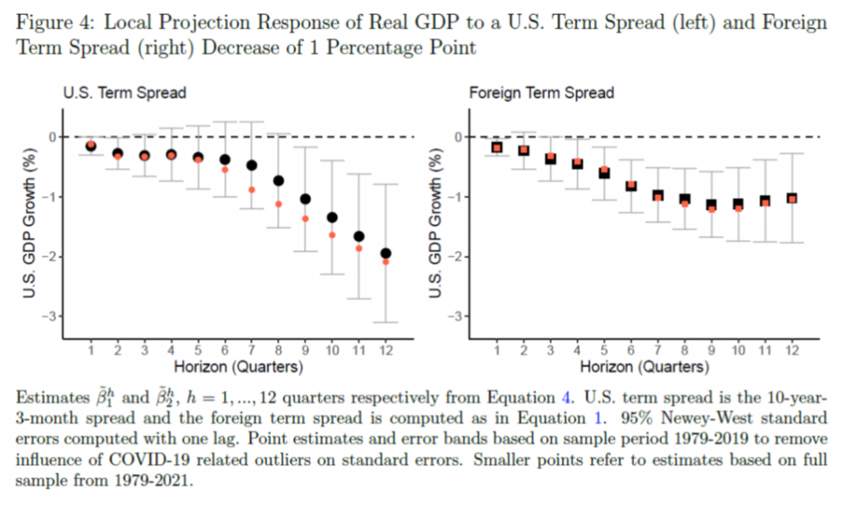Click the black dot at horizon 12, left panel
pos(385,253)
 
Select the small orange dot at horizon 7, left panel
pos(251,190)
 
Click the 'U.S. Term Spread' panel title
pos(125,93)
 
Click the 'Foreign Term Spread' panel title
pos(541,93)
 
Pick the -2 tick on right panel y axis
pos(457,257)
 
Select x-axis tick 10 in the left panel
pos(331,350)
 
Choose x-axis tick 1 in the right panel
pos(497,350)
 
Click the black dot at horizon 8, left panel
pos(279,180)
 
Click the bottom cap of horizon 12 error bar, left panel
pos(385,321)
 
